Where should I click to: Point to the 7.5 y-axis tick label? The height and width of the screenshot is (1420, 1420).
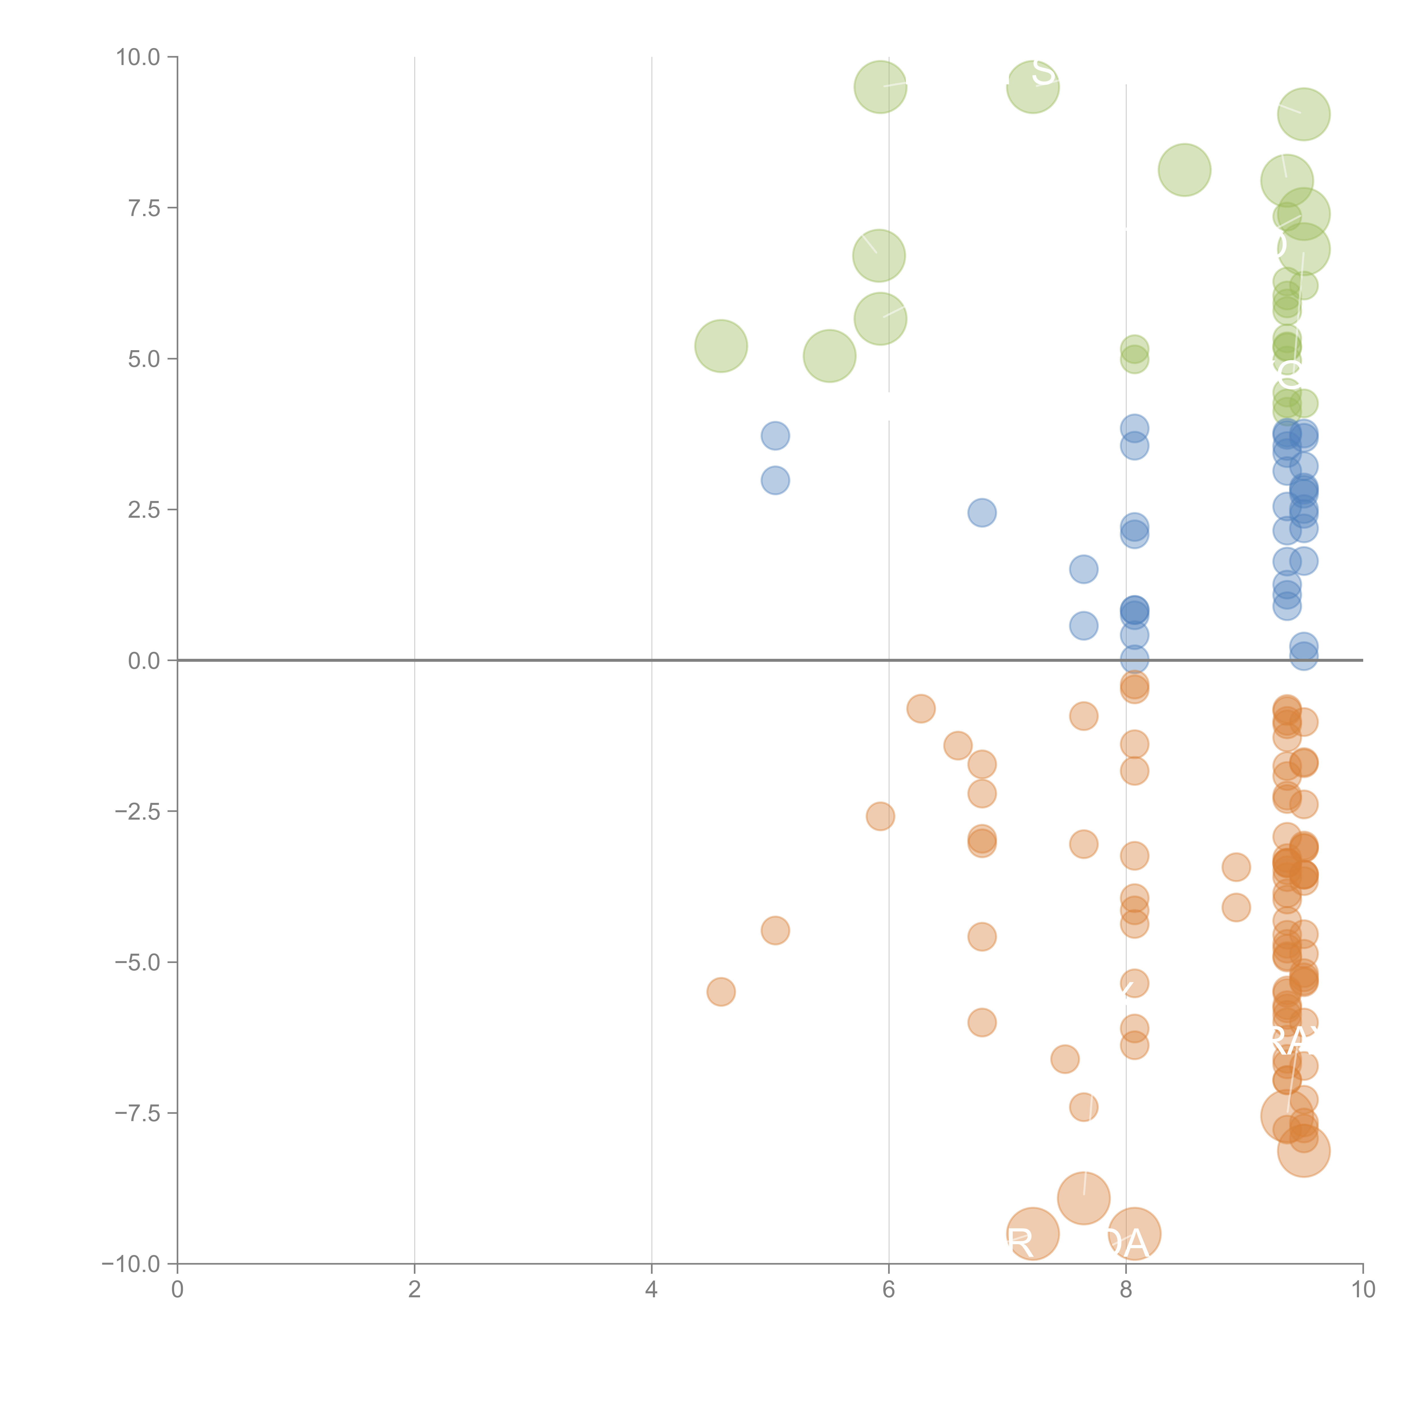tap(144, 208)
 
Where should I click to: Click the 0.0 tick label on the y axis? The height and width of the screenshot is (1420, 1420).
tap(144, 661)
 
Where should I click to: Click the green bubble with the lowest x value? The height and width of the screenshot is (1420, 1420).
tap(721, 346)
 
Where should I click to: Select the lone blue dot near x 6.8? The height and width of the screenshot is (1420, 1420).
tap(982, 512)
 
